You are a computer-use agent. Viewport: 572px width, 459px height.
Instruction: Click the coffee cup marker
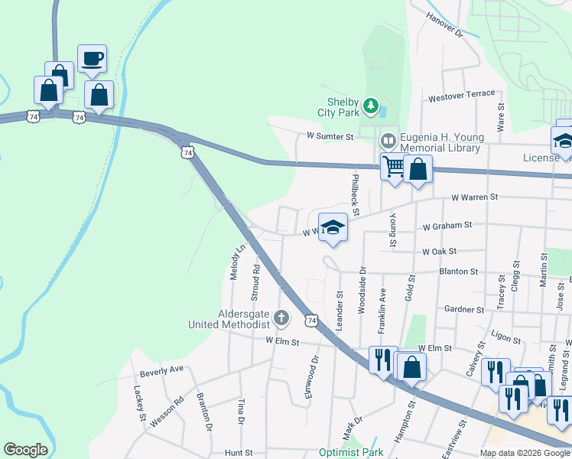tap(92, 59)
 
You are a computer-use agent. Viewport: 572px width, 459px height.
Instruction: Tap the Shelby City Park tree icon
tap(371, 105)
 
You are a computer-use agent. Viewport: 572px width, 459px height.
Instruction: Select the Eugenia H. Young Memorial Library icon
tap(388, 141)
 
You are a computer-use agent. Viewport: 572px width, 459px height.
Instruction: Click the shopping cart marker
tap(394, 167)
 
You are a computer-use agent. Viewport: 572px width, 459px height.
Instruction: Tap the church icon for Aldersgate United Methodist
tap(281, 317)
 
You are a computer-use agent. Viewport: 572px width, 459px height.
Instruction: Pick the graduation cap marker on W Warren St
tap(333, 227)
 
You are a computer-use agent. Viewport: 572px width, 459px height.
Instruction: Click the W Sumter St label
tap(330, 136)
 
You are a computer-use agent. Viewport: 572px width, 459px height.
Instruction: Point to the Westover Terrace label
tap(462, 94)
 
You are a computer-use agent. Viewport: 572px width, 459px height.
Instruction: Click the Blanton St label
tap(458, 271)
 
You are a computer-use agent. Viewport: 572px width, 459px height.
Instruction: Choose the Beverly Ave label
tap(162, 370)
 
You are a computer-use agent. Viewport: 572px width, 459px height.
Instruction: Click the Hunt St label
tap(238, 453)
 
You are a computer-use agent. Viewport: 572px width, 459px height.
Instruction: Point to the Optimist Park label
tap(351, 452)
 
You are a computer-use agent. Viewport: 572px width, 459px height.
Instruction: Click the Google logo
tap(25, 450)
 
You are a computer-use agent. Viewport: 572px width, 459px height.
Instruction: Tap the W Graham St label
tap(447, 226)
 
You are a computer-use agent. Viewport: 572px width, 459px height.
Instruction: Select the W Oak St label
tap(439, 251)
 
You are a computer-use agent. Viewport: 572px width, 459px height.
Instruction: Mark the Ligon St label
tap(506, 337)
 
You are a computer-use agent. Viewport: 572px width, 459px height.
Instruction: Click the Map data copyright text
tap(525, 453)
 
